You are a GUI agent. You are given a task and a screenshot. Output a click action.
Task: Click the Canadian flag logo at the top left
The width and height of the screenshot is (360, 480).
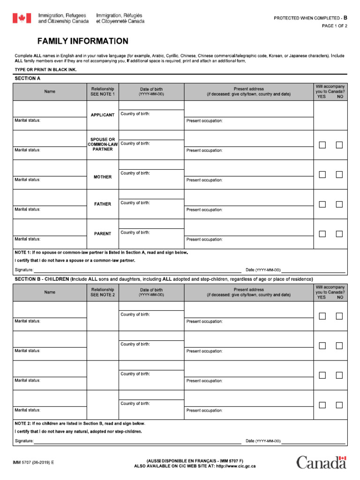22,18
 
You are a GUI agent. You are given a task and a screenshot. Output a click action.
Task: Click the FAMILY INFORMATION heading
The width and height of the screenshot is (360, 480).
82,41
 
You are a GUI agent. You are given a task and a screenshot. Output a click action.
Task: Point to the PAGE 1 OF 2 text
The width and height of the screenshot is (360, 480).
334,26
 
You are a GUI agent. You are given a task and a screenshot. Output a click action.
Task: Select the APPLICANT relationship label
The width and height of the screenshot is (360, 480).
103,115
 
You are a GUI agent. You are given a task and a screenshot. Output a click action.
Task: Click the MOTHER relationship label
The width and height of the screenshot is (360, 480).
103,177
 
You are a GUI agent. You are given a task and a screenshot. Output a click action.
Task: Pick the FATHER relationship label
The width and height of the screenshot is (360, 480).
103,204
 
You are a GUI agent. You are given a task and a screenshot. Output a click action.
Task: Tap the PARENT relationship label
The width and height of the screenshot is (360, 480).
103,234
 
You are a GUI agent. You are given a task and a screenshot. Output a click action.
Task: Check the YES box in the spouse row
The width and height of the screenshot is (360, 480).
322,145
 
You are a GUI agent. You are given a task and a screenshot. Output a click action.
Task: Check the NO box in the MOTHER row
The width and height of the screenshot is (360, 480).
339,174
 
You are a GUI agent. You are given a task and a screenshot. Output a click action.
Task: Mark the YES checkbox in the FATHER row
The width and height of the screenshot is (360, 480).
322,204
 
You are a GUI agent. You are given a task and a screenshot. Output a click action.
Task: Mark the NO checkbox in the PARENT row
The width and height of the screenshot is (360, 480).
339,234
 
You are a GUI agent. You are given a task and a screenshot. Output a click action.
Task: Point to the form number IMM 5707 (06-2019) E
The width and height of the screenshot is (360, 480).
33,463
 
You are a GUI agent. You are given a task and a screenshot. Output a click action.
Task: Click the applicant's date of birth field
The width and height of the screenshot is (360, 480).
151,105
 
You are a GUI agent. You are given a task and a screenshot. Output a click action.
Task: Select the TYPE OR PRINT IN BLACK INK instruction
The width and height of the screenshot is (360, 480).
45,70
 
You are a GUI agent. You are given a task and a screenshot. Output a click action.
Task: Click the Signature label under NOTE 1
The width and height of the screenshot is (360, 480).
24,270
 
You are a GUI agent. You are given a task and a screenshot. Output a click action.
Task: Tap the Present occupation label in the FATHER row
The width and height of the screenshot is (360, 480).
204,210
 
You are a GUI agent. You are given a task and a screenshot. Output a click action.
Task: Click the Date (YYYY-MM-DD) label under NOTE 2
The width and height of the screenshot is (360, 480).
263,441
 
